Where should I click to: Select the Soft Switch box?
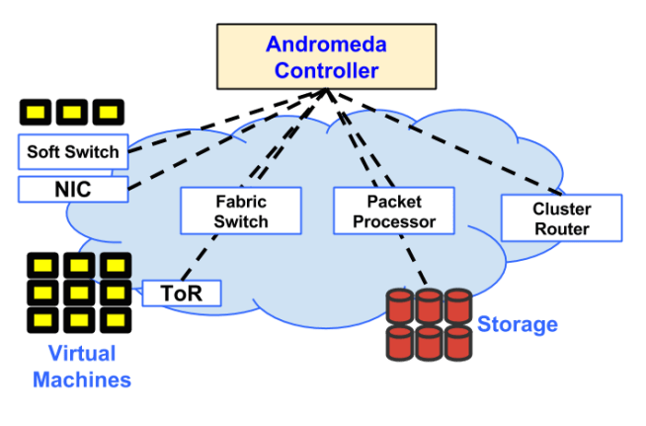tap(72, 152)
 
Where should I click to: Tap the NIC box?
tap(72, 188)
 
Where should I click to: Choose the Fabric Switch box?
tap(240, 212)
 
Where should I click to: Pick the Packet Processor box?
tap(393, 212)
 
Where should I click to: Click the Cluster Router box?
tap(561, 218)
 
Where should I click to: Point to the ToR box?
tap(181, 294)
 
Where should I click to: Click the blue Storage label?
tap(518, 324)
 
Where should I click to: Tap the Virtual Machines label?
tap(81, 367)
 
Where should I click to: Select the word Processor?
tap(393, 222)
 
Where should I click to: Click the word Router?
tap(561, 229)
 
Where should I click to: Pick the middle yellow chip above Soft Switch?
tap(72, 111)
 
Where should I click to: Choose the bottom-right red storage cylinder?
tap(457, 342)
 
